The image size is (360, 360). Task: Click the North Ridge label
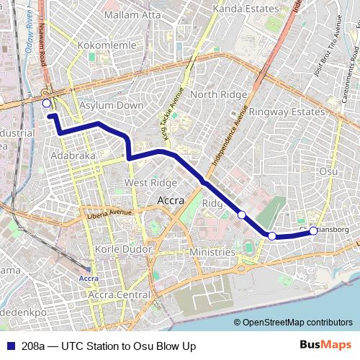213,94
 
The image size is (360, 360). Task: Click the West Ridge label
150,183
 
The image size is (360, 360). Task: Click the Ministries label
212,252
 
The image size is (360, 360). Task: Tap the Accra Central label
120,294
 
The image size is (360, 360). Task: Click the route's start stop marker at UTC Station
47,104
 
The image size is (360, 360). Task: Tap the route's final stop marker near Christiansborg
314,231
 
